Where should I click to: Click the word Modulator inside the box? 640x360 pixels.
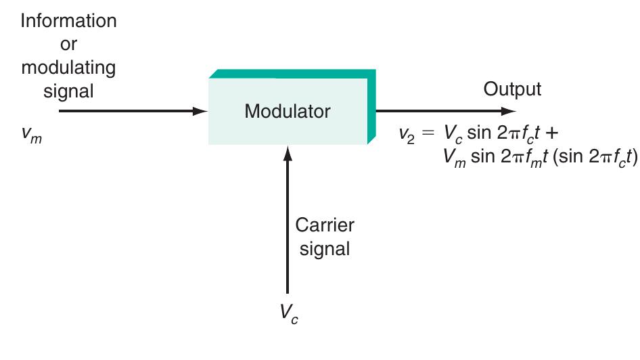click(x=288, y=111)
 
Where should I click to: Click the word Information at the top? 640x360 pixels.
click(x=68, y=20)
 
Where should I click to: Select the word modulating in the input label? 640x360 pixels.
click(x=68, y=68)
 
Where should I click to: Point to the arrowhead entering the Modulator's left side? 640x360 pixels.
click(x=200, y=111)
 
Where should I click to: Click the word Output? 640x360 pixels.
click(x=512, y=89)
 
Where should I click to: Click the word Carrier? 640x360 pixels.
click(x=324, y=225)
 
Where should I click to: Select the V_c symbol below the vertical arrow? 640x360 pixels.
click(x=288, y=313)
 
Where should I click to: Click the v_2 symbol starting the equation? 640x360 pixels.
click(x=407, y=133)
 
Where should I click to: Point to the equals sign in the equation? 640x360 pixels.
click(x=428, y=133)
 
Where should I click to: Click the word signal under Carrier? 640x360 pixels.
click(x=324, y=248)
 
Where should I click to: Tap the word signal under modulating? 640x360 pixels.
click(x=68, y=91)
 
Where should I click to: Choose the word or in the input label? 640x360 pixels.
click(x=68, y=44)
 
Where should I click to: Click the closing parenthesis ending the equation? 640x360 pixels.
click(x=635, y=156)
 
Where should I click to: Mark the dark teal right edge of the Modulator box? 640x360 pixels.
click(x=371, y=108)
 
